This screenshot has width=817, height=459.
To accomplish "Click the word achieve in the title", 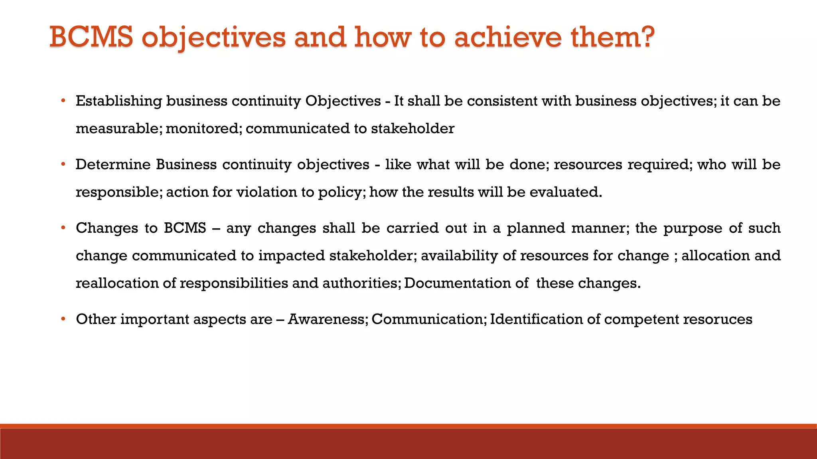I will coord(508,37).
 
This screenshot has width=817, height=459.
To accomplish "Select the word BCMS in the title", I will coord(91,37).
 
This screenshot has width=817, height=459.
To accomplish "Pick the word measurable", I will coord(118,129).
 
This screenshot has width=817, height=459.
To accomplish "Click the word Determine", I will coord(113,165).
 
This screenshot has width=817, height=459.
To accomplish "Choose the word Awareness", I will coord(327,319).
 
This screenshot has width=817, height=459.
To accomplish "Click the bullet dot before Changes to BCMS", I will coord(63,228).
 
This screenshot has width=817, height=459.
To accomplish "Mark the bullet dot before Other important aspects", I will coord(63,319).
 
